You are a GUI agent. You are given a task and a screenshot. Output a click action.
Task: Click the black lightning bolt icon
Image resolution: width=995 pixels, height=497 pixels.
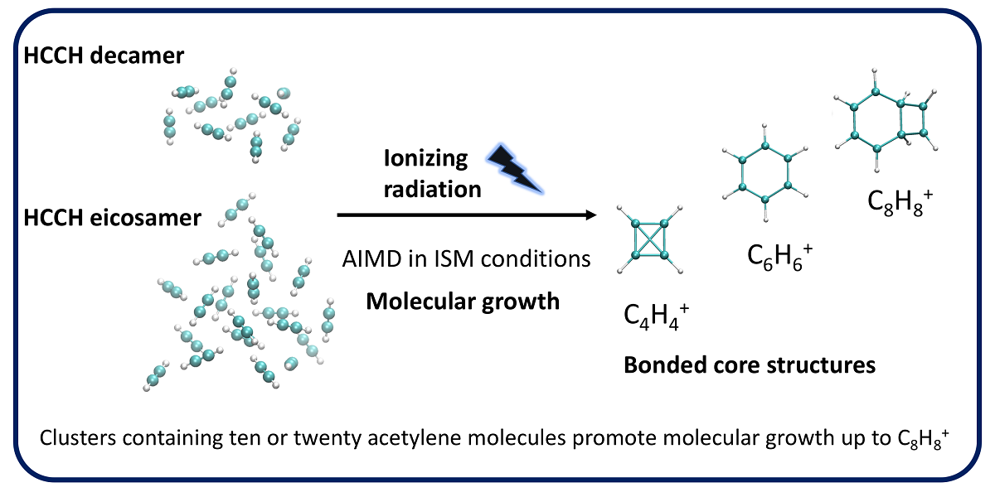516,167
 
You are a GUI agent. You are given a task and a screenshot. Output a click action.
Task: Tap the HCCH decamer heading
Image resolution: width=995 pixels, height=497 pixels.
115,55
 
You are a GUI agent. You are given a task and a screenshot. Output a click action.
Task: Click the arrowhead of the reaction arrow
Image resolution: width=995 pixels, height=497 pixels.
591,215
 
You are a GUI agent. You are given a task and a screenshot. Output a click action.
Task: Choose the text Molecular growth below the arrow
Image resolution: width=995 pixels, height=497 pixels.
463,302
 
